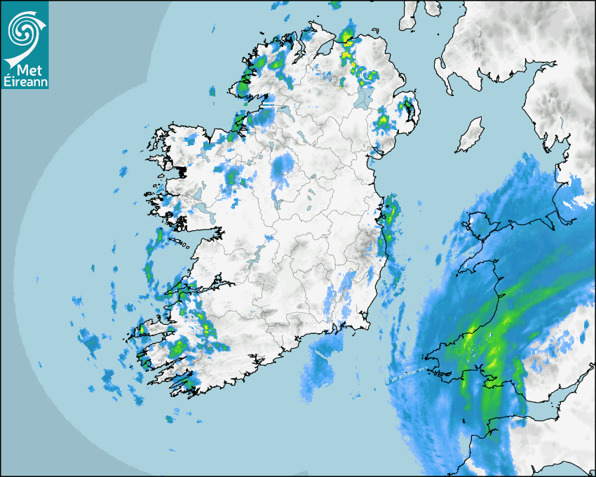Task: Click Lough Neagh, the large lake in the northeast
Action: point(362,96)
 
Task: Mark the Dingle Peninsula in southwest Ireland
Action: point(151,330)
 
